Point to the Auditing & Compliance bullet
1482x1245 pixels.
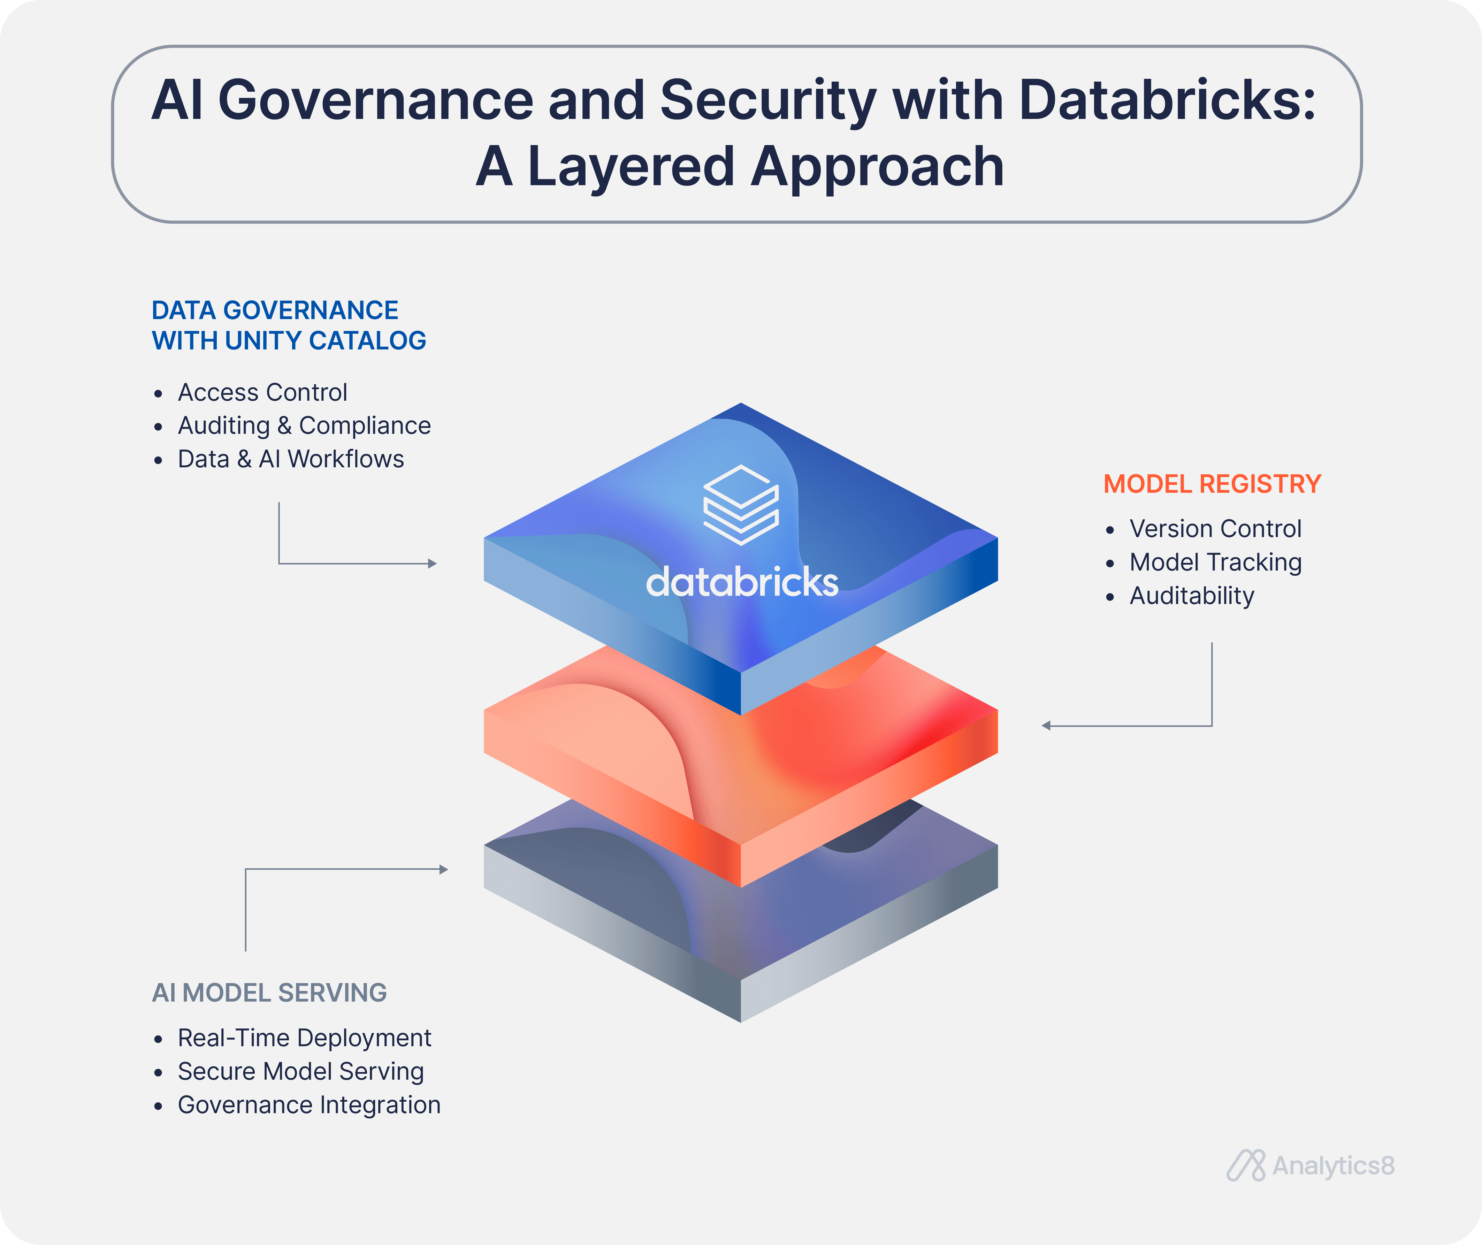click(304, 426)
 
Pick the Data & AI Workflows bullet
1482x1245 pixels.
click(291, 459)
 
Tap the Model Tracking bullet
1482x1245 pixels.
click(1215, 562)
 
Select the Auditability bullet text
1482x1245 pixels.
click(1192, 596)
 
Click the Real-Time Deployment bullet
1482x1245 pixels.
click(304, 1038)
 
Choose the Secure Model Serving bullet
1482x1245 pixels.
click(301, 1071)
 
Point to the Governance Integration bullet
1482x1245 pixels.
click(309, 1105)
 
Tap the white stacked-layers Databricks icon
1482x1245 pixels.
click(741, 505)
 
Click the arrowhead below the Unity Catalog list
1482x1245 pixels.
click(433, 564)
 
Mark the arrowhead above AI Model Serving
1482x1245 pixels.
click(444, 869)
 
